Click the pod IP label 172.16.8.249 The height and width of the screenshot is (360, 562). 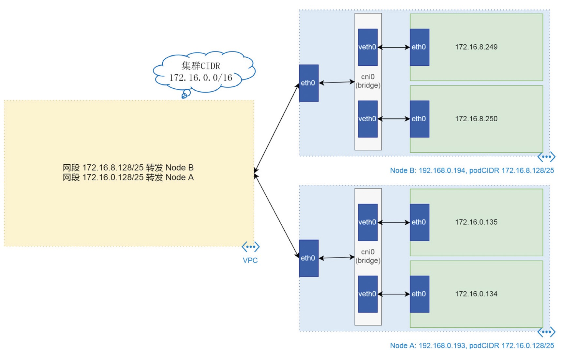tap(476, 47)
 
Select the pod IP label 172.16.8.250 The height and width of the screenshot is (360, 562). tap(476, 119)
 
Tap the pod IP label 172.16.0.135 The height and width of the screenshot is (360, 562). tap(476, 222)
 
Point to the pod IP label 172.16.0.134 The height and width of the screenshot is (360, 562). tap(476, 294)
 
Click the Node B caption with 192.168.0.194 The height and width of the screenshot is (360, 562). tap(472, 170)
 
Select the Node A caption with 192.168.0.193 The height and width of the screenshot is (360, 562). tap(472, 345)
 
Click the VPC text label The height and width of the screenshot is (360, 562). tap(250, 260)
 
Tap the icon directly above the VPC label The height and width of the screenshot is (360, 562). tap(250, 247)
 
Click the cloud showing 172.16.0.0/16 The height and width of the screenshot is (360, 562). tap(204, 72)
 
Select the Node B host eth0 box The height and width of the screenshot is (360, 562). tap(309, 83)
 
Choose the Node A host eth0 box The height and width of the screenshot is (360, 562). tap(309, 258)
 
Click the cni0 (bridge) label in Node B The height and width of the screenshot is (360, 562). tap(368, 81)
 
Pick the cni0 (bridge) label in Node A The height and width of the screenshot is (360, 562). tap(368, 256)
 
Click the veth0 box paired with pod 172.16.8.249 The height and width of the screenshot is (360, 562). tap(368, 47)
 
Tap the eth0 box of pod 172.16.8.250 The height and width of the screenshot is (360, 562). tap(420, 119)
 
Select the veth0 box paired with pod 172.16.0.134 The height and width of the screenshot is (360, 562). tap(368, 294)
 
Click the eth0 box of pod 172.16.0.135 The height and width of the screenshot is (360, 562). tap(420, 222)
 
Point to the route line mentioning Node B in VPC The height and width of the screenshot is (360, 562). tap(128, 168)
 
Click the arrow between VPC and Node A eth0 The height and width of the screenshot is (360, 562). tap(276, 216)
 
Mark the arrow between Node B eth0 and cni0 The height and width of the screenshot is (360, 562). tap(337, 82)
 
